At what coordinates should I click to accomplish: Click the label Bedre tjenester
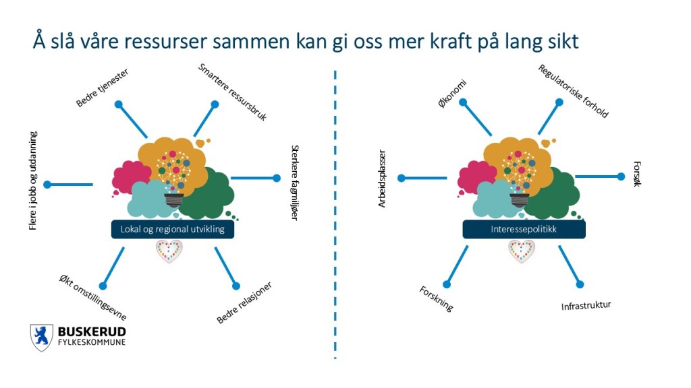point(102,88)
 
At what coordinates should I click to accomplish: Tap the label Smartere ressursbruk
point(233,92)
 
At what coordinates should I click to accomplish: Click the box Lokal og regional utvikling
point(177,230)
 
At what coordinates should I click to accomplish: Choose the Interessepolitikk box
point(524,230)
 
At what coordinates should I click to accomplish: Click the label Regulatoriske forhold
point(573,92)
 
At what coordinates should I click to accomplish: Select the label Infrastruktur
point(586,306)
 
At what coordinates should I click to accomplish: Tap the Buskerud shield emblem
point(41,337)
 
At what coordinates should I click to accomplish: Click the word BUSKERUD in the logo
point(92,332)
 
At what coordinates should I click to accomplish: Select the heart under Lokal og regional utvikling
point(169,252)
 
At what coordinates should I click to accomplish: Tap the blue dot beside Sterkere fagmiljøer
point(276,179)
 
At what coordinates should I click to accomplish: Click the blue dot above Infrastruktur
point(580,284)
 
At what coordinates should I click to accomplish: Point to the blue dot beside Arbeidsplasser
point(402,179)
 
